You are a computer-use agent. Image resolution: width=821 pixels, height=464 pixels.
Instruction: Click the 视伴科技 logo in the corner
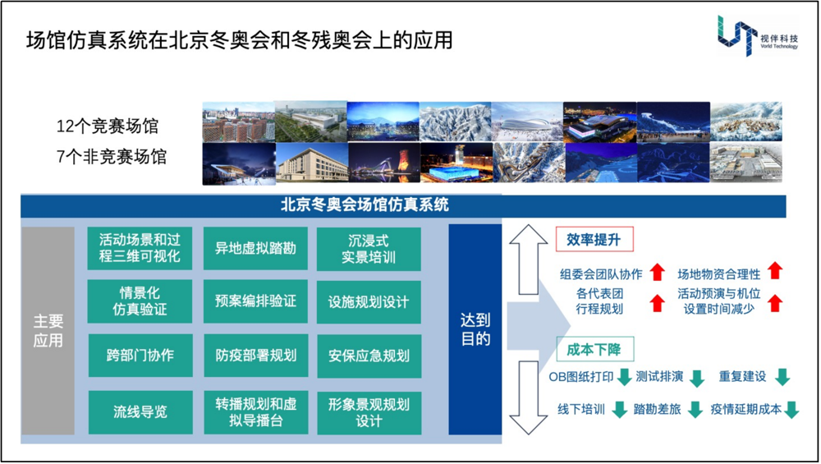point(758,35)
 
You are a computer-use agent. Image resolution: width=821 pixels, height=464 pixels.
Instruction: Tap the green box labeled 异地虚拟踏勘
point(255,248)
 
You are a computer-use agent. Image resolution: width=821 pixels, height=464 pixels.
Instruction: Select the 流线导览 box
point(140,411)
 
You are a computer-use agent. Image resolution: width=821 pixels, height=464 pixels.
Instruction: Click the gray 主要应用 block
point(48,330)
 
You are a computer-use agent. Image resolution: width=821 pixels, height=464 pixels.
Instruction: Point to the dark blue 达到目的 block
point(475,330)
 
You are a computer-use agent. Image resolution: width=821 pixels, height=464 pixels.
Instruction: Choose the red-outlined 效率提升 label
point(594,239)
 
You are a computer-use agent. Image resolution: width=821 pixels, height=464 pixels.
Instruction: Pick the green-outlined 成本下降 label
point(594,349)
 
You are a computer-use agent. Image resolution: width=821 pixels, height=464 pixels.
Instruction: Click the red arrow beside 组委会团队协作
point(657,273)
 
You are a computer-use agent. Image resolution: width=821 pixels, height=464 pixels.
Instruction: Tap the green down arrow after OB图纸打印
point(624,377)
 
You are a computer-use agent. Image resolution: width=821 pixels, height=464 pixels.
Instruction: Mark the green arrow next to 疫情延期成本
point(791,410)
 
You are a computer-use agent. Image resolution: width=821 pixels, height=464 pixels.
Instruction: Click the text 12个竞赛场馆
point(108,126)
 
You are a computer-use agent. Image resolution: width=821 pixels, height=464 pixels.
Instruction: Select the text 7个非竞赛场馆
point(112,157)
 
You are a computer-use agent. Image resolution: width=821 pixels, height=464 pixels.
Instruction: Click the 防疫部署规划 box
point(255,356)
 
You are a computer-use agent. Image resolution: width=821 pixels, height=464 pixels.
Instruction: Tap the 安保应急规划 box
point(369,356)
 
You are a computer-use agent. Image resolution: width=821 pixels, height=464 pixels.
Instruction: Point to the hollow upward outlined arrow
point(528,260)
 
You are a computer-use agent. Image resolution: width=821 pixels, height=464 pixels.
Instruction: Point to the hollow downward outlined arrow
point(528,397)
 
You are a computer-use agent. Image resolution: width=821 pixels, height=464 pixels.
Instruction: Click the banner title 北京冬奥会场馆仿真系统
point(365,204)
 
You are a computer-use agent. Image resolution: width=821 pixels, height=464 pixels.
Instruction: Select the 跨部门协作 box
point(140,355)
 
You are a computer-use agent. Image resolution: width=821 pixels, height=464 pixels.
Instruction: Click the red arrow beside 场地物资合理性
point(775,270)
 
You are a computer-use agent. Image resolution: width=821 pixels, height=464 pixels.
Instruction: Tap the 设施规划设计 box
point(369,302)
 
